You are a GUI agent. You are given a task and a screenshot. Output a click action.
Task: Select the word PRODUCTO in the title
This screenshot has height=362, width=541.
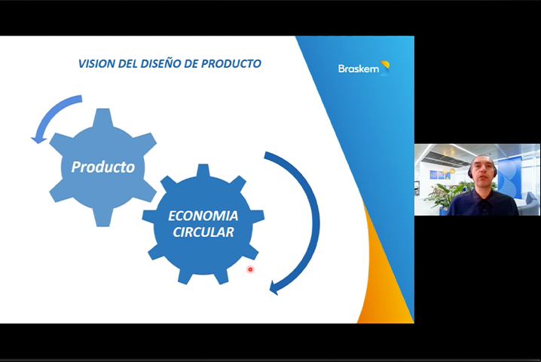tap(231, 63)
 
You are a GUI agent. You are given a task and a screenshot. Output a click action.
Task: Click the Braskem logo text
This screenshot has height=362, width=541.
tap(359, 69)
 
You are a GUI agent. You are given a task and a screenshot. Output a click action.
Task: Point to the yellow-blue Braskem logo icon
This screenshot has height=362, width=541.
tap(385, 67)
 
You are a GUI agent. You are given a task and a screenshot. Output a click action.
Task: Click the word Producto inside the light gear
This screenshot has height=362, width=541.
tap(102, 167)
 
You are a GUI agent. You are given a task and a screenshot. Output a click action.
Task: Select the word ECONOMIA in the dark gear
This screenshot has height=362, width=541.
tap(203, 216)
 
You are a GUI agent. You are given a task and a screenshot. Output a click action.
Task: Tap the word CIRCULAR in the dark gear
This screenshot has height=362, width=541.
tap(203, 232)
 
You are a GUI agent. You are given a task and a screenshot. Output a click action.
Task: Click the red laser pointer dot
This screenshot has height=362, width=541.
tap(250, 269)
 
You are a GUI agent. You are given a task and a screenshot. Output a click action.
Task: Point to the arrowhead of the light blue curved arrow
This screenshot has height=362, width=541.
tap(38, 140)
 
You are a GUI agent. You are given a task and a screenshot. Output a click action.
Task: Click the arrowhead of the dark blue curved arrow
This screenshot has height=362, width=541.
tap(275, 287)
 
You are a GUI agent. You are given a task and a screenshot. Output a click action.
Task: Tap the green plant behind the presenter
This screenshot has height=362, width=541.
tap(442, 195)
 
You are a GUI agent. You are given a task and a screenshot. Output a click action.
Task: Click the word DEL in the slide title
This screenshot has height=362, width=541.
tap(128, 63)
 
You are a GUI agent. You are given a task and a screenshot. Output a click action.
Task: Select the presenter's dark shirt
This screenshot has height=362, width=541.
tap(482, 203)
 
